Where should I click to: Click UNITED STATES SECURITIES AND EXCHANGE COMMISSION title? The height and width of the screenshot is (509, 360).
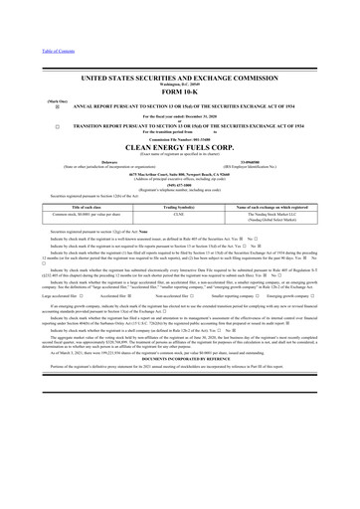pos(180,78)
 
